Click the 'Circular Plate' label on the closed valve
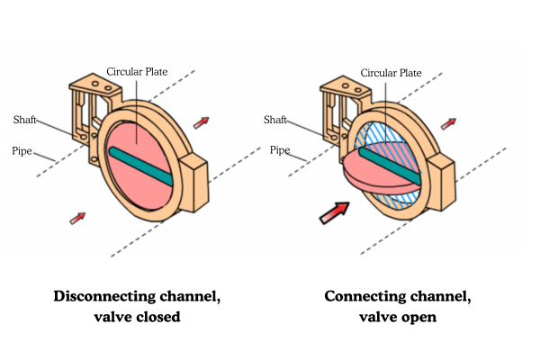pos(138,71)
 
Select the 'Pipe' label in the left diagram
pos(23,151)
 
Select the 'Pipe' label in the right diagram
pos(280,150)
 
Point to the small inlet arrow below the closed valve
pos(79,216)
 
